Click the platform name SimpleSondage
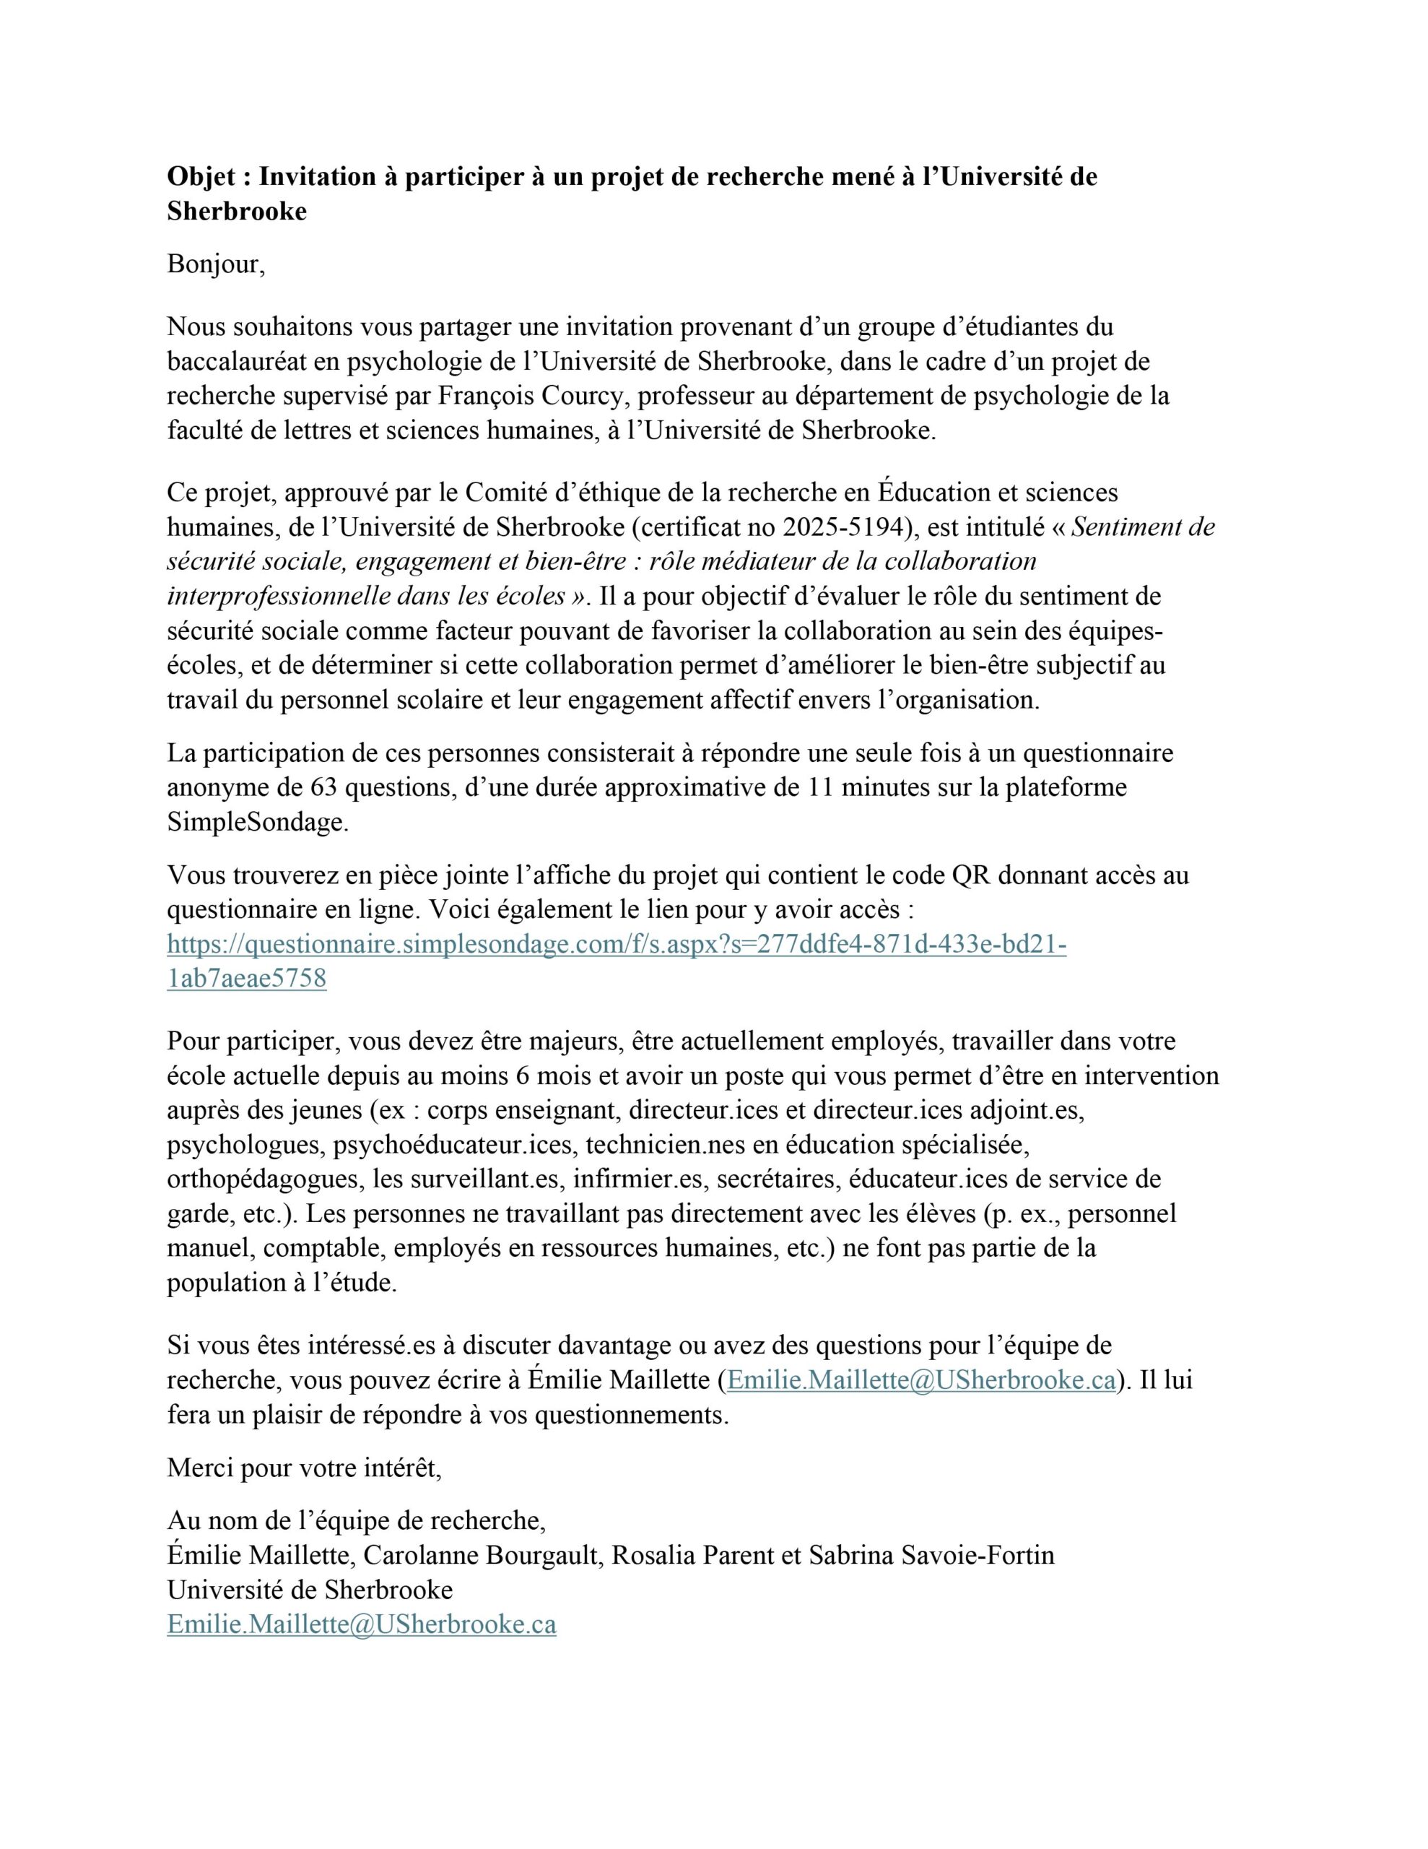(257, 822)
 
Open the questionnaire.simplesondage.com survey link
(617, 944)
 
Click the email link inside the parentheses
(921, 1381)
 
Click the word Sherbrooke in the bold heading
(236, 212)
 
